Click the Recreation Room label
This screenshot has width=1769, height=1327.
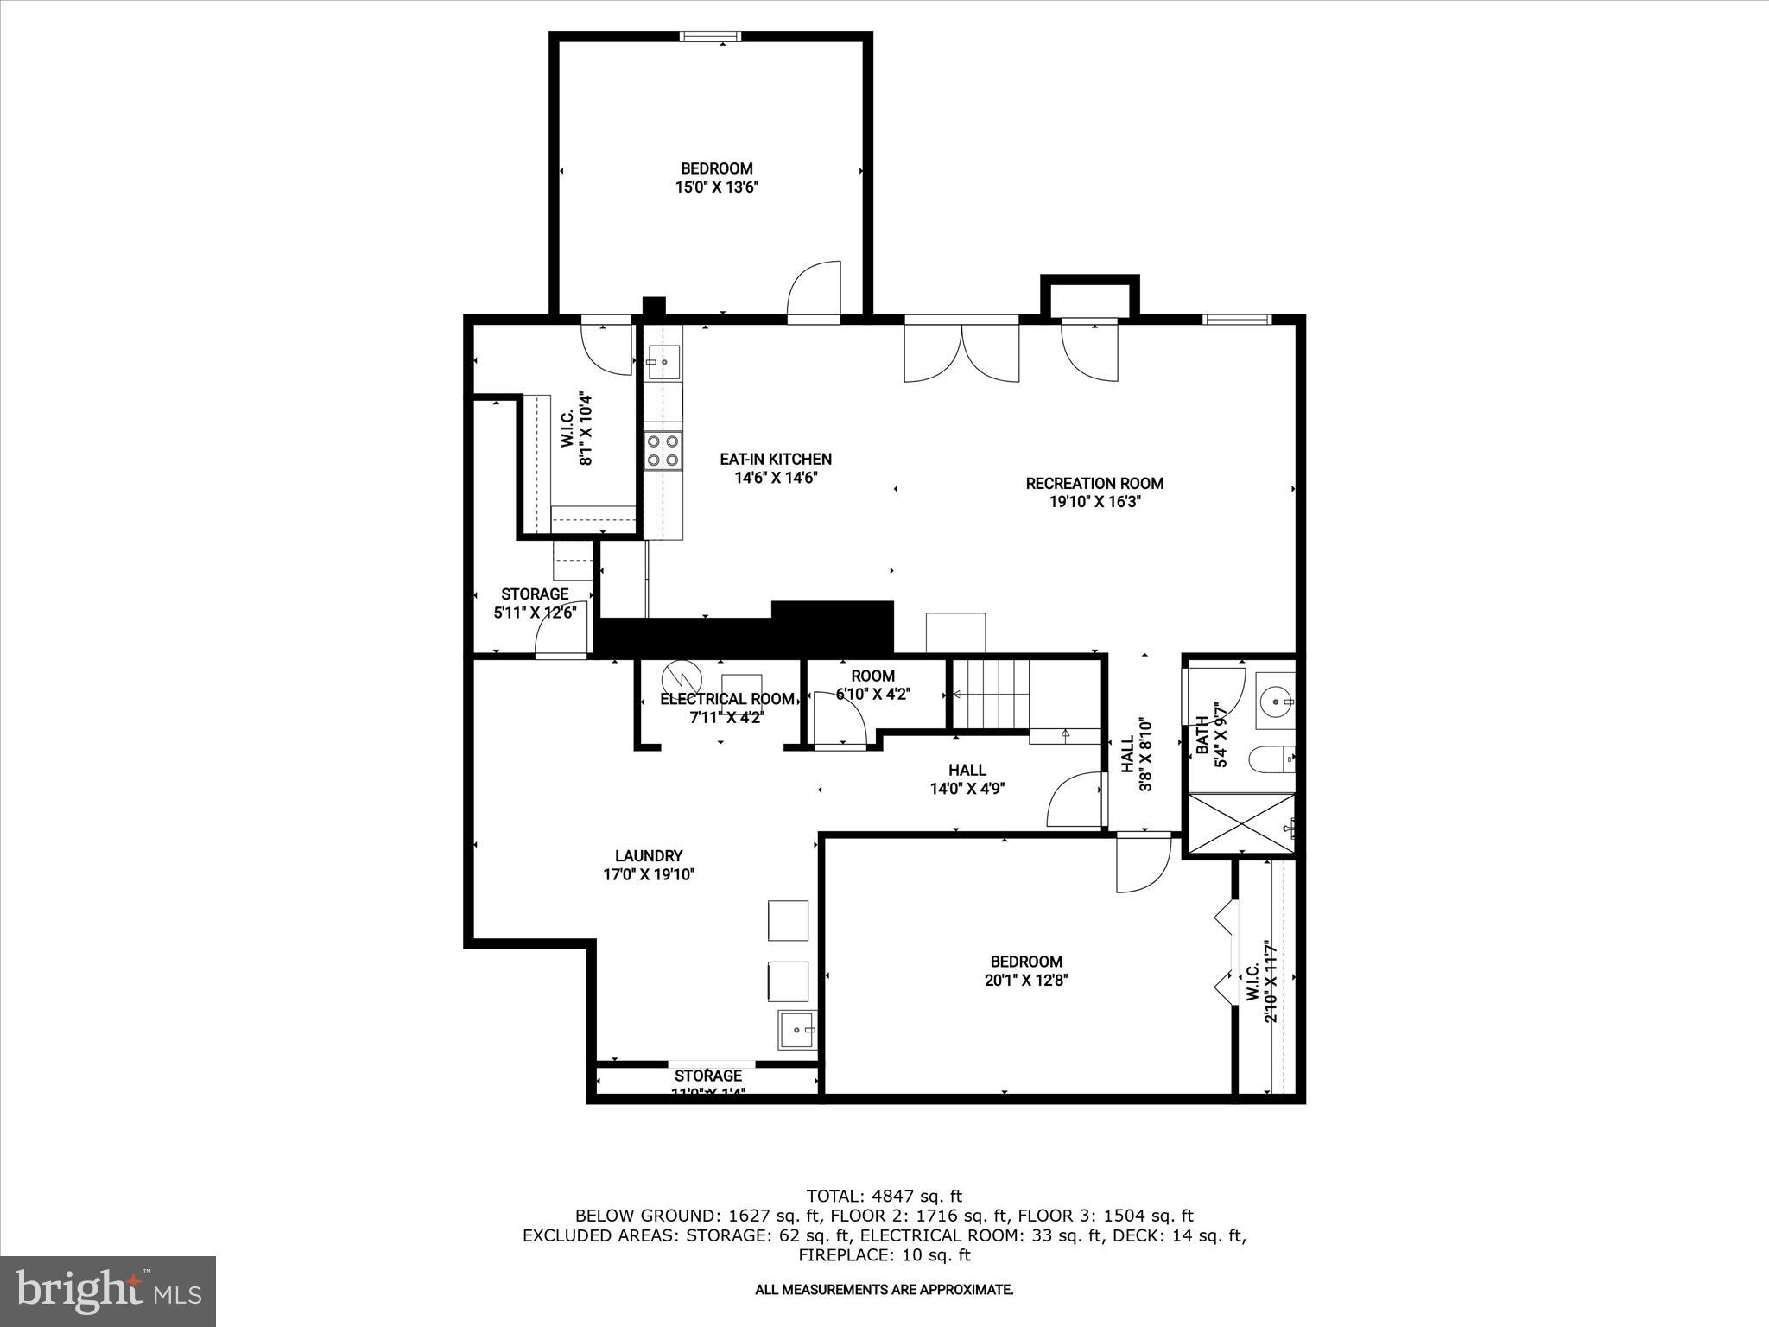(1094, 484)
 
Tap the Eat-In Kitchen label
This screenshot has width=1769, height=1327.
(776, 460)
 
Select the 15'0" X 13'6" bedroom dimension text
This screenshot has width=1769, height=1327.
(716, 187)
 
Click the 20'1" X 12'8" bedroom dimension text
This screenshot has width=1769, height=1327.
(1026, 980)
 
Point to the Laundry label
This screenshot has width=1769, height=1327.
(648, 856)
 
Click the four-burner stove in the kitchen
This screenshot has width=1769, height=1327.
(663, 450)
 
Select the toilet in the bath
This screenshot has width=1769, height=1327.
(1271, 760)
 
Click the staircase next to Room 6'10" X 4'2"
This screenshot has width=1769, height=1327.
(991, 695)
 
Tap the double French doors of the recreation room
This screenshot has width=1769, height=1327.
(961, 350)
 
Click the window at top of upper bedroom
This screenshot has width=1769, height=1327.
(710, 36)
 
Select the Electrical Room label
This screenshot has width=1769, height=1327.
(726, 699)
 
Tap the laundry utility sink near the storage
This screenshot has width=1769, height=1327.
(796, 1029)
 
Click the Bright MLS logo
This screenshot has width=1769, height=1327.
(107, 1291)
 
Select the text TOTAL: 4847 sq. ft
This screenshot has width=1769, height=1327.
(884, 1197)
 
